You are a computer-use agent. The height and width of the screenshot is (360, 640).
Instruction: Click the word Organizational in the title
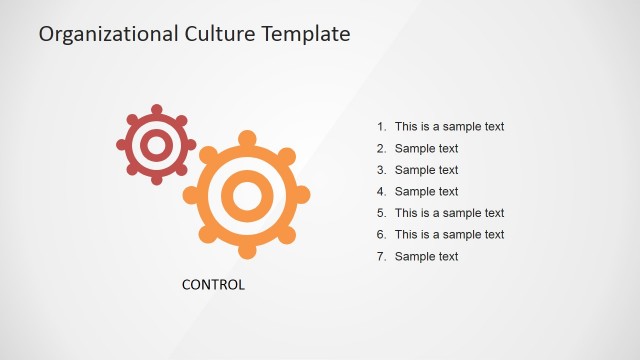pos(97,34)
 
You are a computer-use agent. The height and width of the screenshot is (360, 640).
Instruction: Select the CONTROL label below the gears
pos(213,284)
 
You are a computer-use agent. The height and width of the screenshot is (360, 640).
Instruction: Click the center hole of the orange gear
pos(246,194)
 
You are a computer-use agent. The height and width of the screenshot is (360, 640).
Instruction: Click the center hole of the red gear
pos(156,146)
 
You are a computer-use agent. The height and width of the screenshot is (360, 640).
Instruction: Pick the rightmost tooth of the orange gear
pos(302,194)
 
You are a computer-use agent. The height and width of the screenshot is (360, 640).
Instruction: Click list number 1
pos(381,127)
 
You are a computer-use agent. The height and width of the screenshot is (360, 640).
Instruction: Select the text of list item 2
pos(426,149)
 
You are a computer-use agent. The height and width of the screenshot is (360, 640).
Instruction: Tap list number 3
pos(381,170)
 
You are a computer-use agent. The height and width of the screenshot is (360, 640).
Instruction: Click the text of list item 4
pos(426,192)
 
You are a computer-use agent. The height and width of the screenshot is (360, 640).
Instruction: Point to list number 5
pos(381,213)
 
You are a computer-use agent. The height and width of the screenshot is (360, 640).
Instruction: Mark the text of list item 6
pos(449,235)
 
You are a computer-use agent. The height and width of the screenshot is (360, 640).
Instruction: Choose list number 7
pos(381,257)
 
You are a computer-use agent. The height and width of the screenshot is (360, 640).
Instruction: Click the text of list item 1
pos(449,127)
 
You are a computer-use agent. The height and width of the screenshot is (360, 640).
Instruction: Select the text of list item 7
pos(426,257)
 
